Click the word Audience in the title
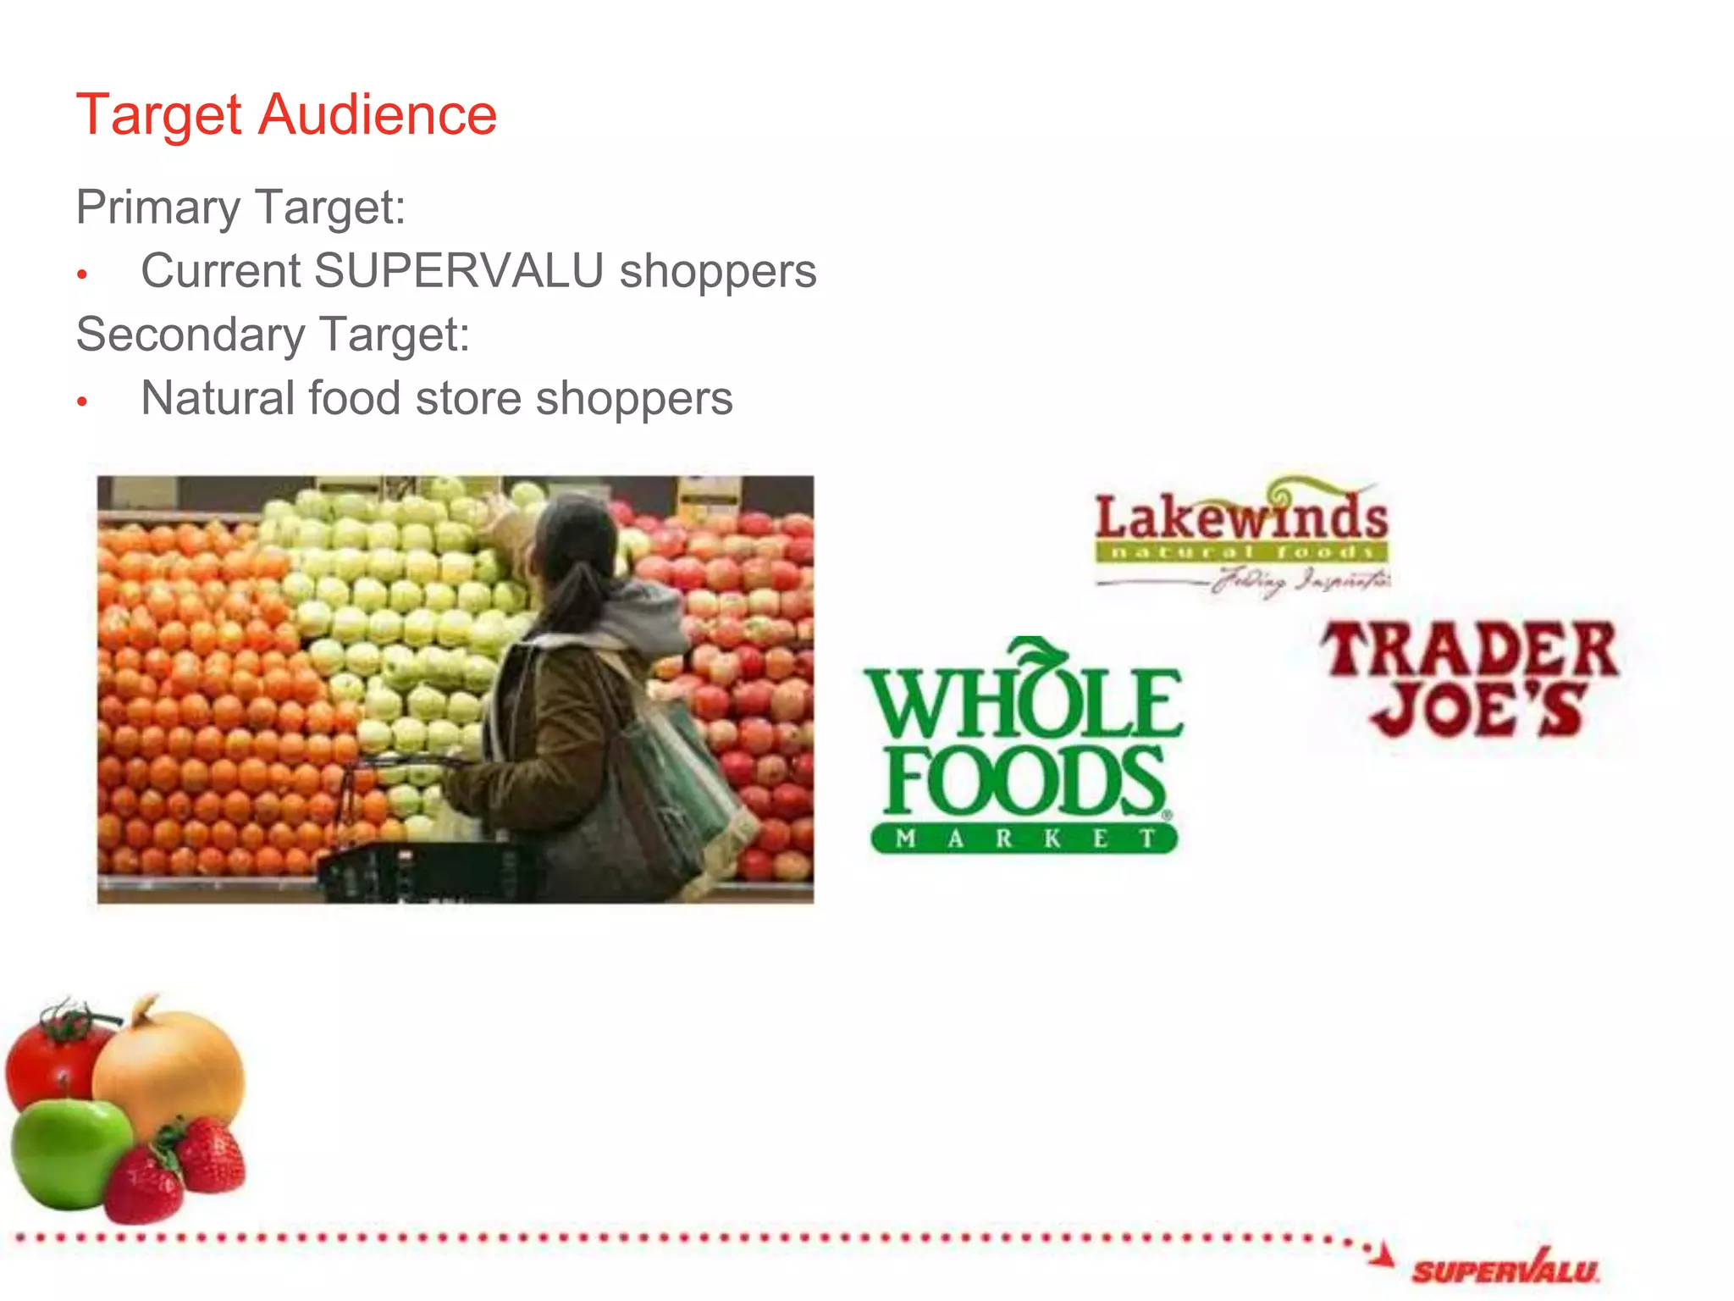(378, 114)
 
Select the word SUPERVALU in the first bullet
(458, 271)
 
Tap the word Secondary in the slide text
(191, 334)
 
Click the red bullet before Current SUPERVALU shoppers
(82, 274)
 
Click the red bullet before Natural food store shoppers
(82, 401)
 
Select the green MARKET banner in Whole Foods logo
(1024, 839)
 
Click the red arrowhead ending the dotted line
(1383, 1254)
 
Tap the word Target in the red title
(159, 114)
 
